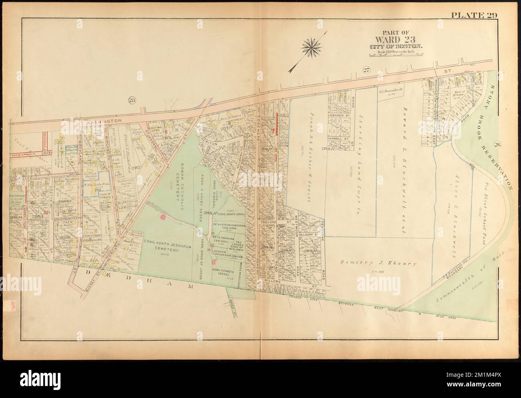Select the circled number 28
coord(132,101)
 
